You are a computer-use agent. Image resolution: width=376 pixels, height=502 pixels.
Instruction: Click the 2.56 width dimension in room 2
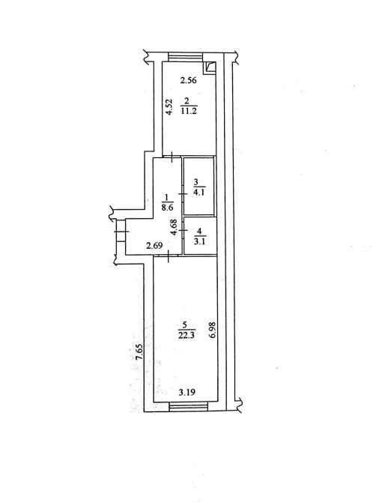pyautogui.click(x=188, y=80)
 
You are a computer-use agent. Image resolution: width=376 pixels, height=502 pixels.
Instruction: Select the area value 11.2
pyautogui.click(x=189, y=111)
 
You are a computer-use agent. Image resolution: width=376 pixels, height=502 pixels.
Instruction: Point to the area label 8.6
pyautogui.click(x=167, y=207)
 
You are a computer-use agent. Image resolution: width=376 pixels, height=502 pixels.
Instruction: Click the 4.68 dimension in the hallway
pyautogui.click(x=175, y=227)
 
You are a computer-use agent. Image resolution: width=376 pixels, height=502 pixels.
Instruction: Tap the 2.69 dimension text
pyautogui.click(x=154, y=246)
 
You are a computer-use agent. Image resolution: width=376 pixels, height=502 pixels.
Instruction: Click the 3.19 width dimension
pyautogui.click(x=187, y=392)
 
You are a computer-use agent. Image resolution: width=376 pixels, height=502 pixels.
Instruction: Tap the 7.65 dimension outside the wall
pyautogui.click(x=139, y=353)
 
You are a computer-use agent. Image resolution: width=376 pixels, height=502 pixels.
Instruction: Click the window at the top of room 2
pyautogui.click(x=185, y=57)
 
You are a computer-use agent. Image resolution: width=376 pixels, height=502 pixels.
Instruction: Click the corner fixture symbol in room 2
pyautogui.click(x=210, y=67)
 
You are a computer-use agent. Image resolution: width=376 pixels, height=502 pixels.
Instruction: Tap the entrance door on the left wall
pyautogui.click(x=121, y=232)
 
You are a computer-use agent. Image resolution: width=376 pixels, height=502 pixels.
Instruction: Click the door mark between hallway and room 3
pyautogui.click(x=183, y=194)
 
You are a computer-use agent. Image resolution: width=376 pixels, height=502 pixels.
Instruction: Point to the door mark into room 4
pyautogui.click(x=183, y=230)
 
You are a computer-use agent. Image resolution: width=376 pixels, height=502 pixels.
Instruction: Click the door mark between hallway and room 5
pyautogui.click(x=169, y=256)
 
